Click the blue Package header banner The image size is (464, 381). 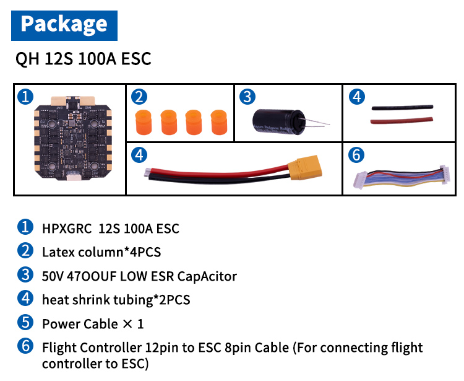pyautogui.click(x=64, y=25)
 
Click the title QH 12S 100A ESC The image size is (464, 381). pyautogui.click(x=84, y=59)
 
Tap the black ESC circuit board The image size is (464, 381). pyautogui.click(x=69, y=141)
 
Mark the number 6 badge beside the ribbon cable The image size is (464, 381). pyautogui.click(x=356, y=154)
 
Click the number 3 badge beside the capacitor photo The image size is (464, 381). pyautogui.click(x=247, y=97)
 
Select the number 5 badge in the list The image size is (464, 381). pyautogui.click(x=25, y=323)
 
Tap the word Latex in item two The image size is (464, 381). pyautogui.click(x=57, y=252)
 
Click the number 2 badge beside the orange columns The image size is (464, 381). pyautogui.click(x=140, y=97)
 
